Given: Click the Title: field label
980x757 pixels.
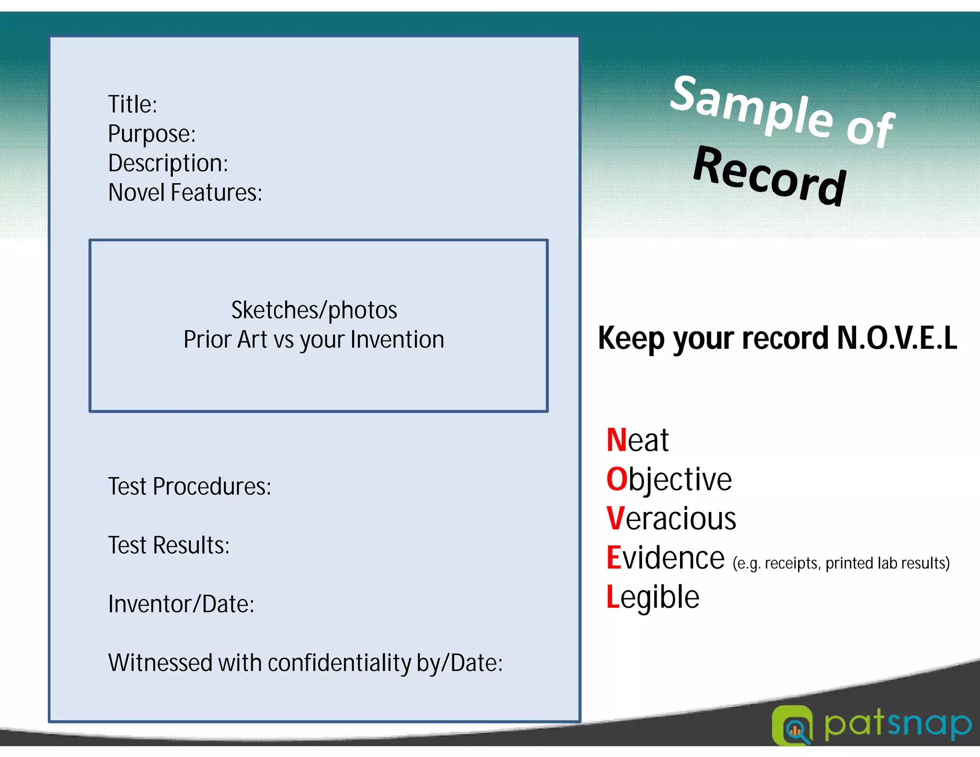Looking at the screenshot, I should click(x=133, y=104).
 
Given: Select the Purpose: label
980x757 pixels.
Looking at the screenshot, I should click(x=152, y=134).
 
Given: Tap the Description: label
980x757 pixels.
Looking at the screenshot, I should click(x=168, y=163).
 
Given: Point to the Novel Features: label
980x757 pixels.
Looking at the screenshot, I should click(x=185, y=192).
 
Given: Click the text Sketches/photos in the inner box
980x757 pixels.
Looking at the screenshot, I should click(x=314, y=310).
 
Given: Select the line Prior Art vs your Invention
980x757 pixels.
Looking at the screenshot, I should click(x=314, y=340).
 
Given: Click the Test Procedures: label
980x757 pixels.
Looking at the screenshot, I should click(x=189, y=487).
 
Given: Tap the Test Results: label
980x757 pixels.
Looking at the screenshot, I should click(x=169, y=545).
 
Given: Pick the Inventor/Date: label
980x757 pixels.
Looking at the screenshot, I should click(x=181, y=604).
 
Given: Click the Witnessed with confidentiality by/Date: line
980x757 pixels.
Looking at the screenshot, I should click(x=305, y=663).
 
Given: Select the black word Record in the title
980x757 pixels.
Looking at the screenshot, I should click(x=769, y=176).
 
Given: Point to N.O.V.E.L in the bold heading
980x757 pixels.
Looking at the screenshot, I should click(x=897, y=338).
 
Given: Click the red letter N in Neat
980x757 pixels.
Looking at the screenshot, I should click(x=616, y=440).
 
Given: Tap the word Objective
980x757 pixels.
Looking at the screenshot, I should click(x=669, y=479).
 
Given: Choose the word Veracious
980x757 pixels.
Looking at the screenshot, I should click(x=671, y=519).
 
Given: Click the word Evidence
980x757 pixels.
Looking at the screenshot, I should click(x=666, y=558).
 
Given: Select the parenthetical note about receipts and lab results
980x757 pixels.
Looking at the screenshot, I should click(x=841, y=563).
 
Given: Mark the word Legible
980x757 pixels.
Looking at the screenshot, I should click(x=653, y=597).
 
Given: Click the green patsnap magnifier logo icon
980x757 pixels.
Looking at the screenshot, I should click(x=792, y=725).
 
